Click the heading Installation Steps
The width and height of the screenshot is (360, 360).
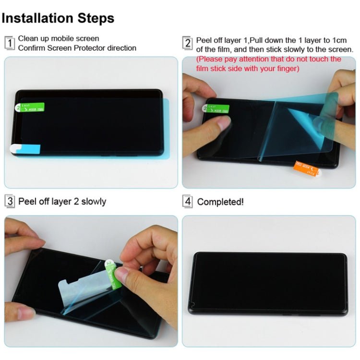(58, 18)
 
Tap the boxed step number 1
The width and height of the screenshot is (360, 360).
(10, 43)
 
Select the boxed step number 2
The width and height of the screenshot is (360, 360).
(188, 43)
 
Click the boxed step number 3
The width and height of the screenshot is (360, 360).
(10, 201)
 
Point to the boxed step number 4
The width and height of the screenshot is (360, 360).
(188, 202)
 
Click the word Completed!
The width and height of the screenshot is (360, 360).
(220, 202)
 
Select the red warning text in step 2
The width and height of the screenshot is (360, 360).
(269, 64)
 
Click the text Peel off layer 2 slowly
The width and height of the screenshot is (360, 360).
(62, 201)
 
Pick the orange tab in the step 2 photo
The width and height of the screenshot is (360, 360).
(306, 168)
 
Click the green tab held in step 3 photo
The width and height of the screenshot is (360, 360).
(114, 275)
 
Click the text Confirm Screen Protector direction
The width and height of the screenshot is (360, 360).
(77, 48)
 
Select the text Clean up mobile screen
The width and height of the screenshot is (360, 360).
(59, 38)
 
